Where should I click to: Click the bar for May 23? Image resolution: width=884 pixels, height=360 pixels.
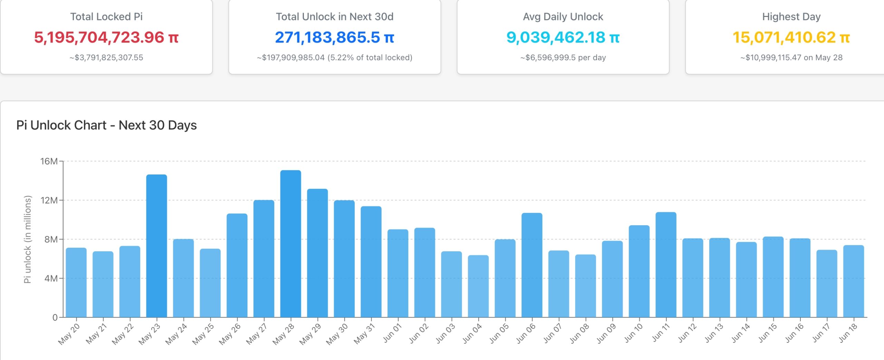click(156, 246)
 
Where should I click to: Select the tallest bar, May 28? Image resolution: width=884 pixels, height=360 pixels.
click(290, 244)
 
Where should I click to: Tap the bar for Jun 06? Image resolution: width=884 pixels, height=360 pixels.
click(532, 265)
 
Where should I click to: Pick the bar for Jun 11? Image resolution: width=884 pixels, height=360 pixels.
click(666, 265)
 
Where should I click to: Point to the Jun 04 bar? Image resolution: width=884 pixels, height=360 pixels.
click(478, 286)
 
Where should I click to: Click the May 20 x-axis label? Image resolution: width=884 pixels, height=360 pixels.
click(69, 334)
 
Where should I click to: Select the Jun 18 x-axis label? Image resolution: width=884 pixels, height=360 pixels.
click(848, 333)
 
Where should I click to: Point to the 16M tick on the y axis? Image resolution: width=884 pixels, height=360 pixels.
click(49, 161)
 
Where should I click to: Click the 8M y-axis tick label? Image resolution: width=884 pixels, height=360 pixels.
click(51, 239)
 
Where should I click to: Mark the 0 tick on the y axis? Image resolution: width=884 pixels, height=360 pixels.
click(55, 318)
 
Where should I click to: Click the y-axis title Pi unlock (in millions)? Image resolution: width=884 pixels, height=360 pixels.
click(28, 239)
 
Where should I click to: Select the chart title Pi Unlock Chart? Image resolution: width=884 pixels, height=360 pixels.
click(106, 125)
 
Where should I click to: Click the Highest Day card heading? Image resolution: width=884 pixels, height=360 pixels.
click(791, 17)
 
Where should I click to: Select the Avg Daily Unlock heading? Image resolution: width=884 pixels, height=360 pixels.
click(563, 17)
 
